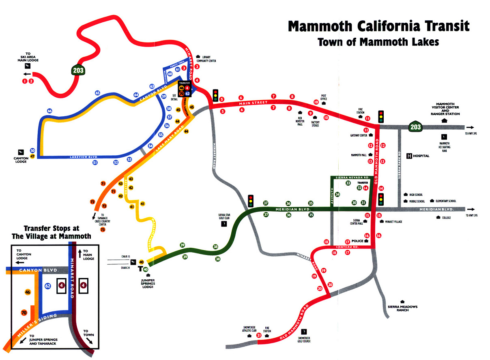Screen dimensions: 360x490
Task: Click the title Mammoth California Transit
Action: click(378, 26)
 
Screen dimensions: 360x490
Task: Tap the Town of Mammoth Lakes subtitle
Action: click(378, 42)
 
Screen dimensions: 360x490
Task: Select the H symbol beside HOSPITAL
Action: click(409, 156)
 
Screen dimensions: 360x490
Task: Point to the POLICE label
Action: click(357, 241)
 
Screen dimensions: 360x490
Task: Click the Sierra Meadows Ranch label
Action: click(402, 309)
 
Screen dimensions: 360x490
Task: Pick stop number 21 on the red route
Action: click(259, 335)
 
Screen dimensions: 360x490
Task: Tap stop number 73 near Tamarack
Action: click(103, 229)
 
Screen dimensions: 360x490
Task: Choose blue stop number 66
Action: click(49, 111)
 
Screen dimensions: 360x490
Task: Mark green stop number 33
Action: click(348, 183)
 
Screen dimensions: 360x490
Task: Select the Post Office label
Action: click(324, 98)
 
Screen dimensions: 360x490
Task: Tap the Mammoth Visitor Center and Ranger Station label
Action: click(445, 109)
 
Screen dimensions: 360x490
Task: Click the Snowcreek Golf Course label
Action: click(304, 339)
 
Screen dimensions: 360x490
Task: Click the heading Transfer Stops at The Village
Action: click(57, 232)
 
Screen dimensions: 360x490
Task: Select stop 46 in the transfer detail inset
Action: click(28, 292)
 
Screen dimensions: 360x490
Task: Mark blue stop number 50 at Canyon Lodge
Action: click(32, 151)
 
